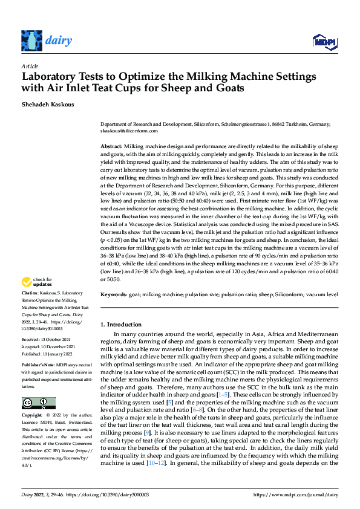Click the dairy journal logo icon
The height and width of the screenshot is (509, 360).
point(31,41)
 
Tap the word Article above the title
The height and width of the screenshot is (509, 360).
point(29,66)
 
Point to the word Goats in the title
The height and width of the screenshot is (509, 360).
point(228,88)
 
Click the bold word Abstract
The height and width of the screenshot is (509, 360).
point(111,147)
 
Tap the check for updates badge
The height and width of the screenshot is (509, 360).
point(37,282)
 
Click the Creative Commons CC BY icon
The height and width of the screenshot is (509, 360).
point(38,386)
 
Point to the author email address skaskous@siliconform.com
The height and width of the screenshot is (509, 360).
point(129,131)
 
